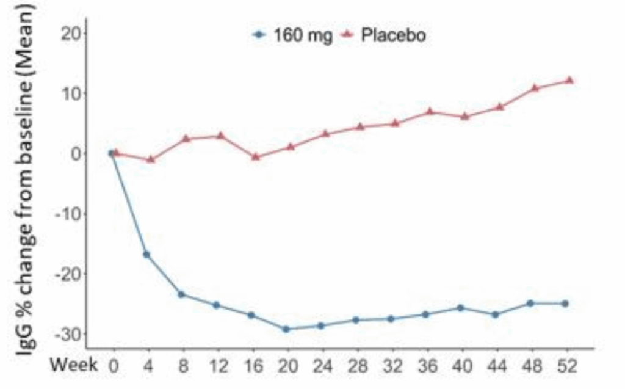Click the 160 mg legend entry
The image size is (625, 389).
(x=293, y=35)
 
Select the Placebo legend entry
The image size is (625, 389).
(x=383, y=35)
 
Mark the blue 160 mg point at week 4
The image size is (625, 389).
(x=146, y=255)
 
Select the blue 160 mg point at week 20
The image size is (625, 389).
(x=286, y=329)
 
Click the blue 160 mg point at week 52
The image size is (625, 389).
(x=565, y=304)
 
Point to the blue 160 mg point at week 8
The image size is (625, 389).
(x=181, y=294)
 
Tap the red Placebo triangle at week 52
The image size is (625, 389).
(x=569, y=80)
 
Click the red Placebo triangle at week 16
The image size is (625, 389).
(x=256, y=156)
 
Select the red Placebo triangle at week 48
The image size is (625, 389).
(x=535, y=88)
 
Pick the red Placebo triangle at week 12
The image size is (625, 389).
(x=221, y=136)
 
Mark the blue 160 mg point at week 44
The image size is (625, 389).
(x=495, y=314)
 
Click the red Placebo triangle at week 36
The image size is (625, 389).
(x=430, y=112)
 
